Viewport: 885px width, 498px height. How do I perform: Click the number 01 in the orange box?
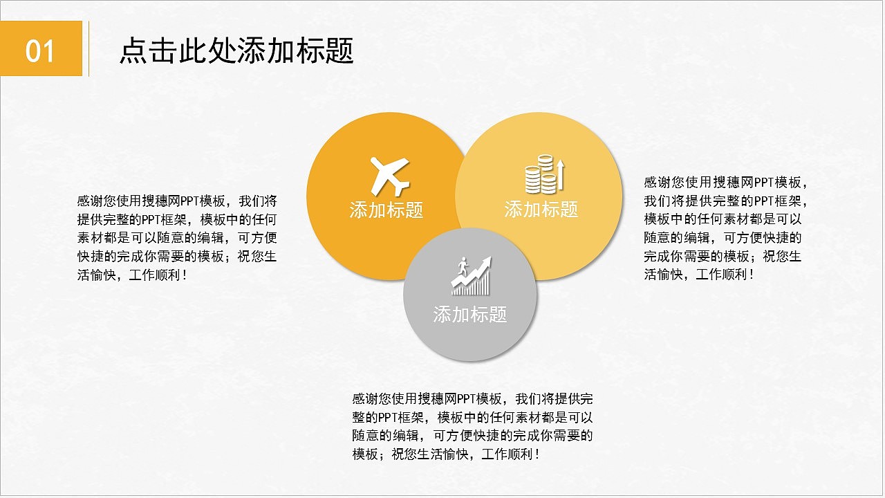pyautogui.click(x=40, y=50)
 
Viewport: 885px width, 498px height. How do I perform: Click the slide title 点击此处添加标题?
pyautogui.click(x=236, y=50)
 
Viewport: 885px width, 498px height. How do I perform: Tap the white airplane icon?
pyautogui.click(x=390, y=175)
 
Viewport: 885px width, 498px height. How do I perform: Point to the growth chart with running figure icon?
pyautogui.click(x=471, y=276)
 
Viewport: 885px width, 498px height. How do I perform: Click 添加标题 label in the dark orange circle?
pyautogui.click(x=386, y=210)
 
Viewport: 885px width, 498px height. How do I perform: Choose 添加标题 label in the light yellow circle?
pyautogui.click(x=541, y=209)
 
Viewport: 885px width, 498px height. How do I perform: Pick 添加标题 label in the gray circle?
pyautogui.click(x=470, y=315)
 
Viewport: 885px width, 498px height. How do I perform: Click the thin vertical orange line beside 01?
pyautogui.click(x=88, y=48)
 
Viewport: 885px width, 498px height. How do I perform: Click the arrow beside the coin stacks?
pyautogui.click(x=561, y=174)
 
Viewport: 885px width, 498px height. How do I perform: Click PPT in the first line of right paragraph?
pyautogui.click(x=764, y=183)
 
